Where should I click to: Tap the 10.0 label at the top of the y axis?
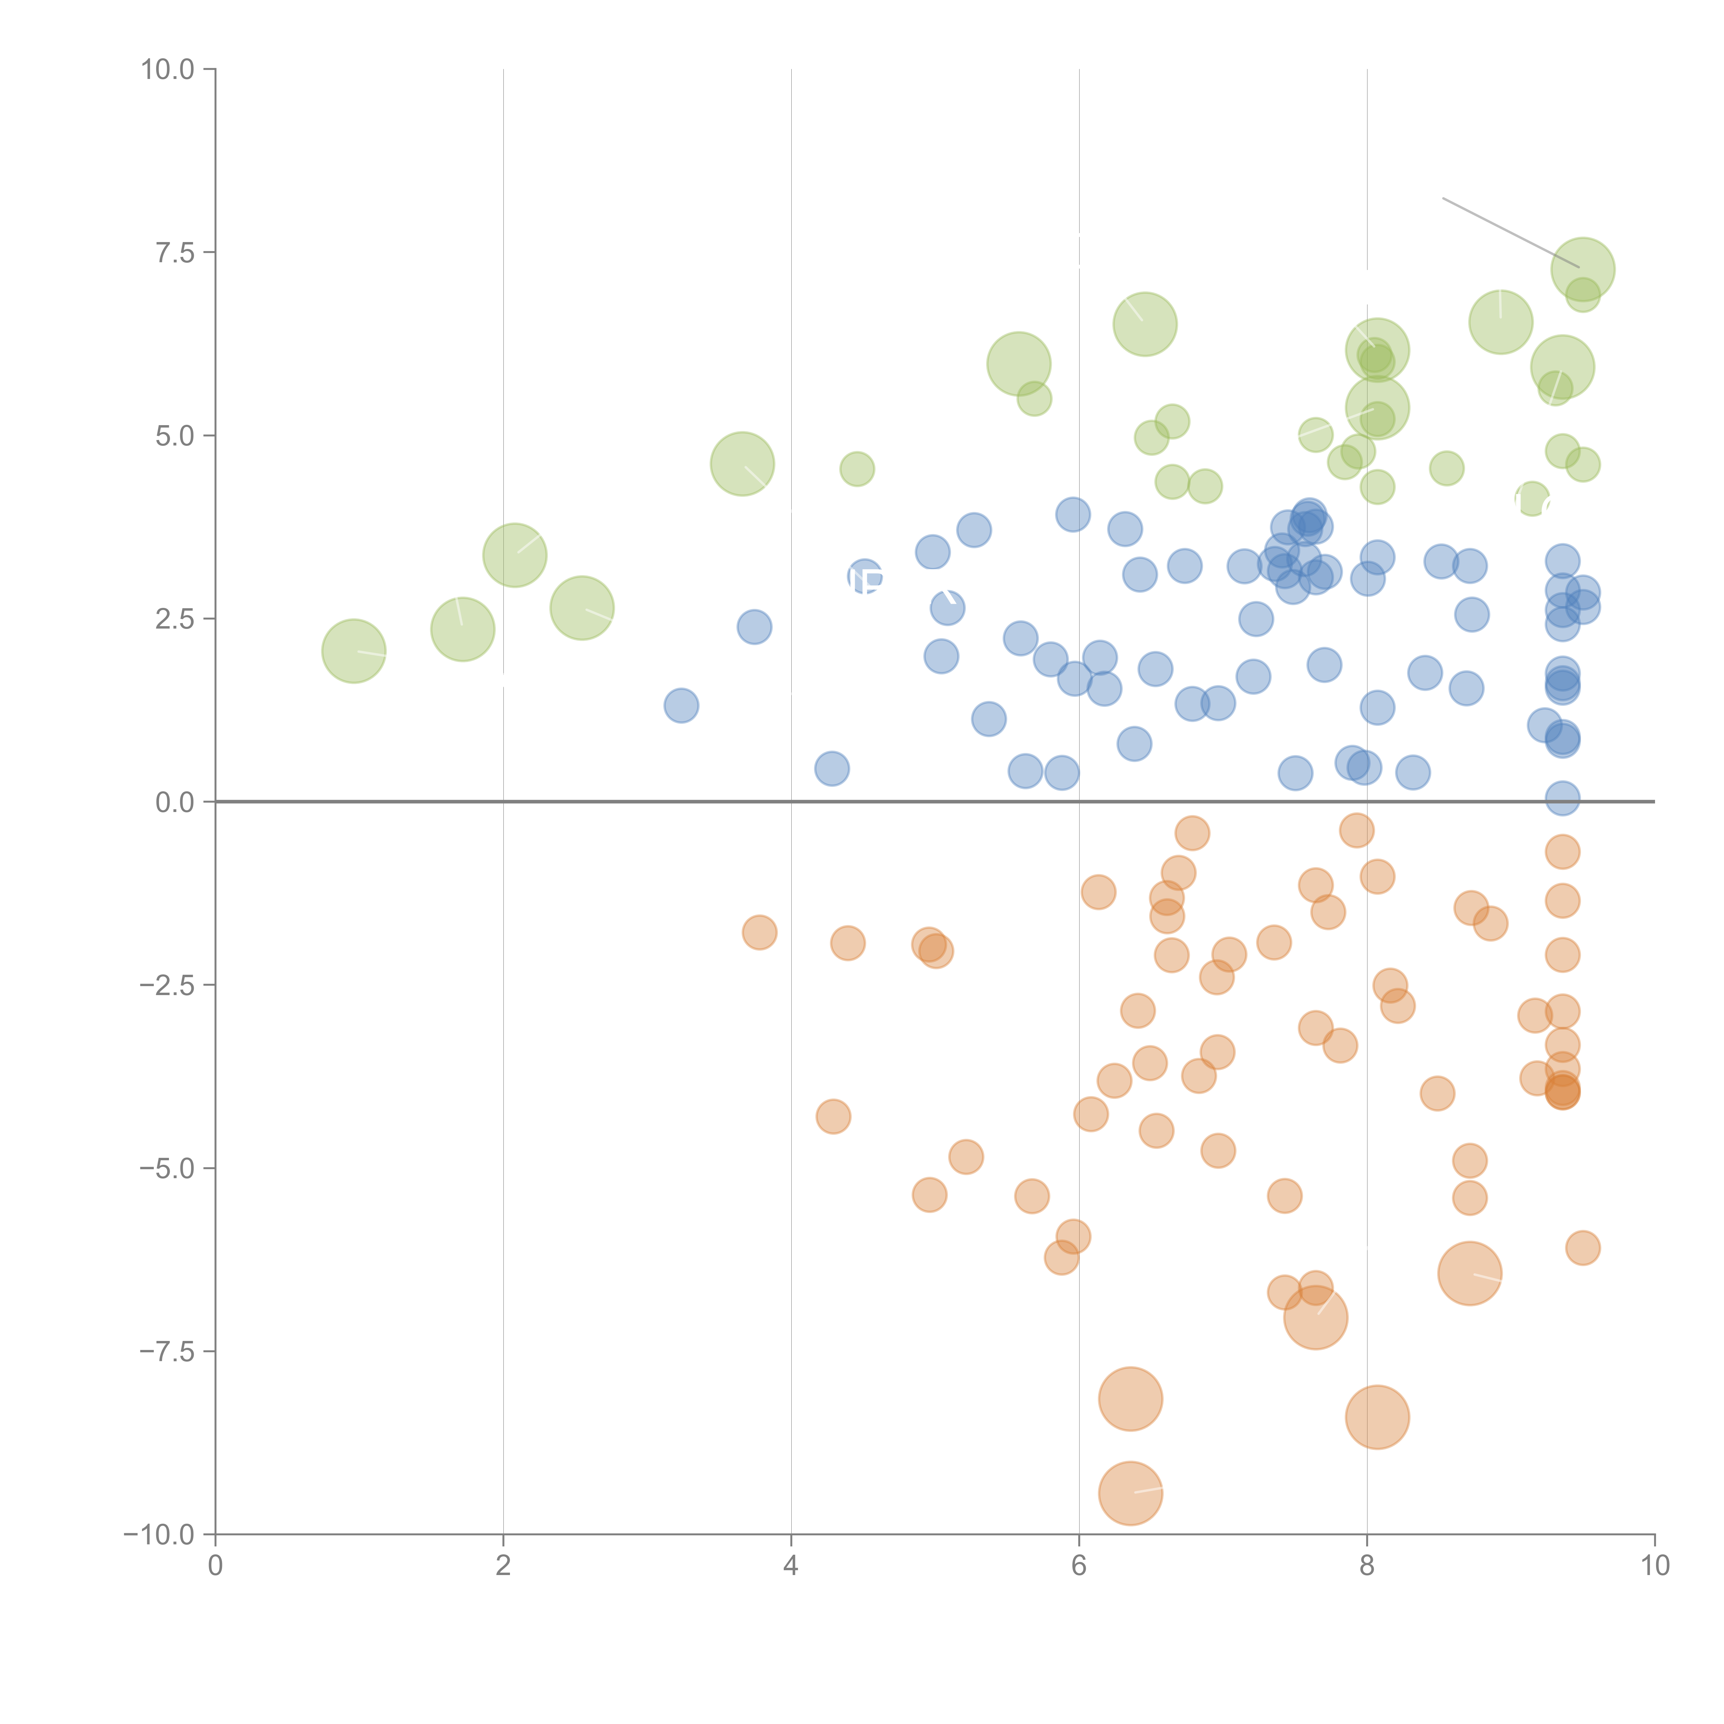168,70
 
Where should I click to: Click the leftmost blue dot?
681,706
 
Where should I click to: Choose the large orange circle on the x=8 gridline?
1377,1417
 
